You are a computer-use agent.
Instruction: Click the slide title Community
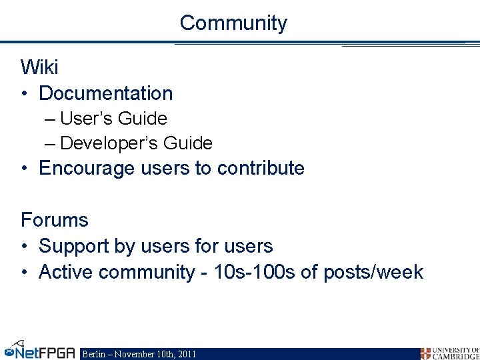[233, 23]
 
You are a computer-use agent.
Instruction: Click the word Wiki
[39, 67]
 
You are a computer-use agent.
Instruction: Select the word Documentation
[106, 94]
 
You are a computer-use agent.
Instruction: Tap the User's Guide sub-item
[113, 119]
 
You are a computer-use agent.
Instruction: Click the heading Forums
[54, 219]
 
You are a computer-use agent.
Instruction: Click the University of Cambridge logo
[449, 353]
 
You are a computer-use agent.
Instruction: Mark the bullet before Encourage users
[25, 169]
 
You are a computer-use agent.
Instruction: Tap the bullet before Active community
[25, 273]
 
